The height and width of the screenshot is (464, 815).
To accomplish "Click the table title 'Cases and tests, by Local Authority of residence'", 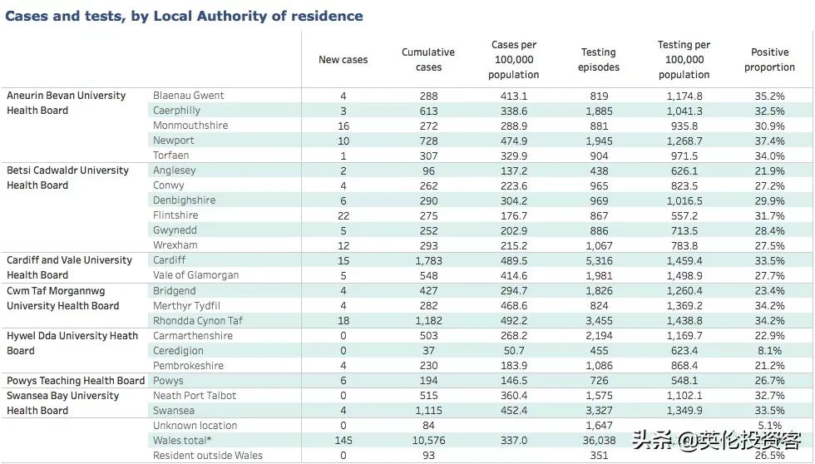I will (184, 16).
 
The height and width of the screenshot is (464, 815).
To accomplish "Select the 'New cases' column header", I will (343, 60).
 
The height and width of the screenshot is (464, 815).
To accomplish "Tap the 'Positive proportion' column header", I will (769, 60).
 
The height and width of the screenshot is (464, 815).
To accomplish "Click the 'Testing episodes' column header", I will (599, 60).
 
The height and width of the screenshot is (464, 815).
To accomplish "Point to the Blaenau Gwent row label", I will (189, 96).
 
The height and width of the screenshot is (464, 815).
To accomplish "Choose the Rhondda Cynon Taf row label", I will (198, 321).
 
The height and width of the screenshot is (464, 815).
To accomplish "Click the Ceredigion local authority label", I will (180, 351).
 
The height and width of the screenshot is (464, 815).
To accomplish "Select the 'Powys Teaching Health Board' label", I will (76, 381).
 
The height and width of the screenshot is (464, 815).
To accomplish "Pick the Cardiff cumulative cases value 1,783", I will (428, 261).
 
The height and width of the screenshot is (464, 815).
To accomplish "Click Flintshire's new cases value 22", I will (343, 216).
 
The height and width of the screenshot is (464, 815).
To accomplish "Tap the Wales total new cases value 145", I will (343, 441).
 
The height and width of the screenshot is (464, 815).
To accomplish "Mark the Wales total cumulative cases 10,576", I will (428, 441).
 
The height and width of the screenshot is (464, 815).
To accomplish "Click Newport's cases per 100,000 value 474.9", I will (513, 141).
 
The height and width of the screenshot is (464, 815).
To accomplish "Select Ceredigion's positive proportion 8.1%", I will (769, 351).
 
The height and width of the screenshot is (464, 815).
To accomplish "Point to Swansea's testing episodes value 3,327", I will (599, 411).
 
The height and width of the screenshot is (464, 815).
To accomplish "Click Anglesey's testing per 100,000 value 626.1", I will (684, 170).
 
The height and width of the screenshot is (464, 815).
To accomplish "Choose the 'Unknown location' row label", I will (195, 426).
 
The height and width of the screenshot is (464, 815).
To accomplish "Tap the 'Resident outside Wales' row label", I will (207, 456).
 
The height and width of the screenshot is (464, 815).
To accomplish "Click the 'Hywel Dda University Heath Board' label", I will (72, 343).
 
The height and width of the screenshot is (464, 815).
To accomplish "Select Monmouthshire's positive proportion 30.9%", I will (769, 126).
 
